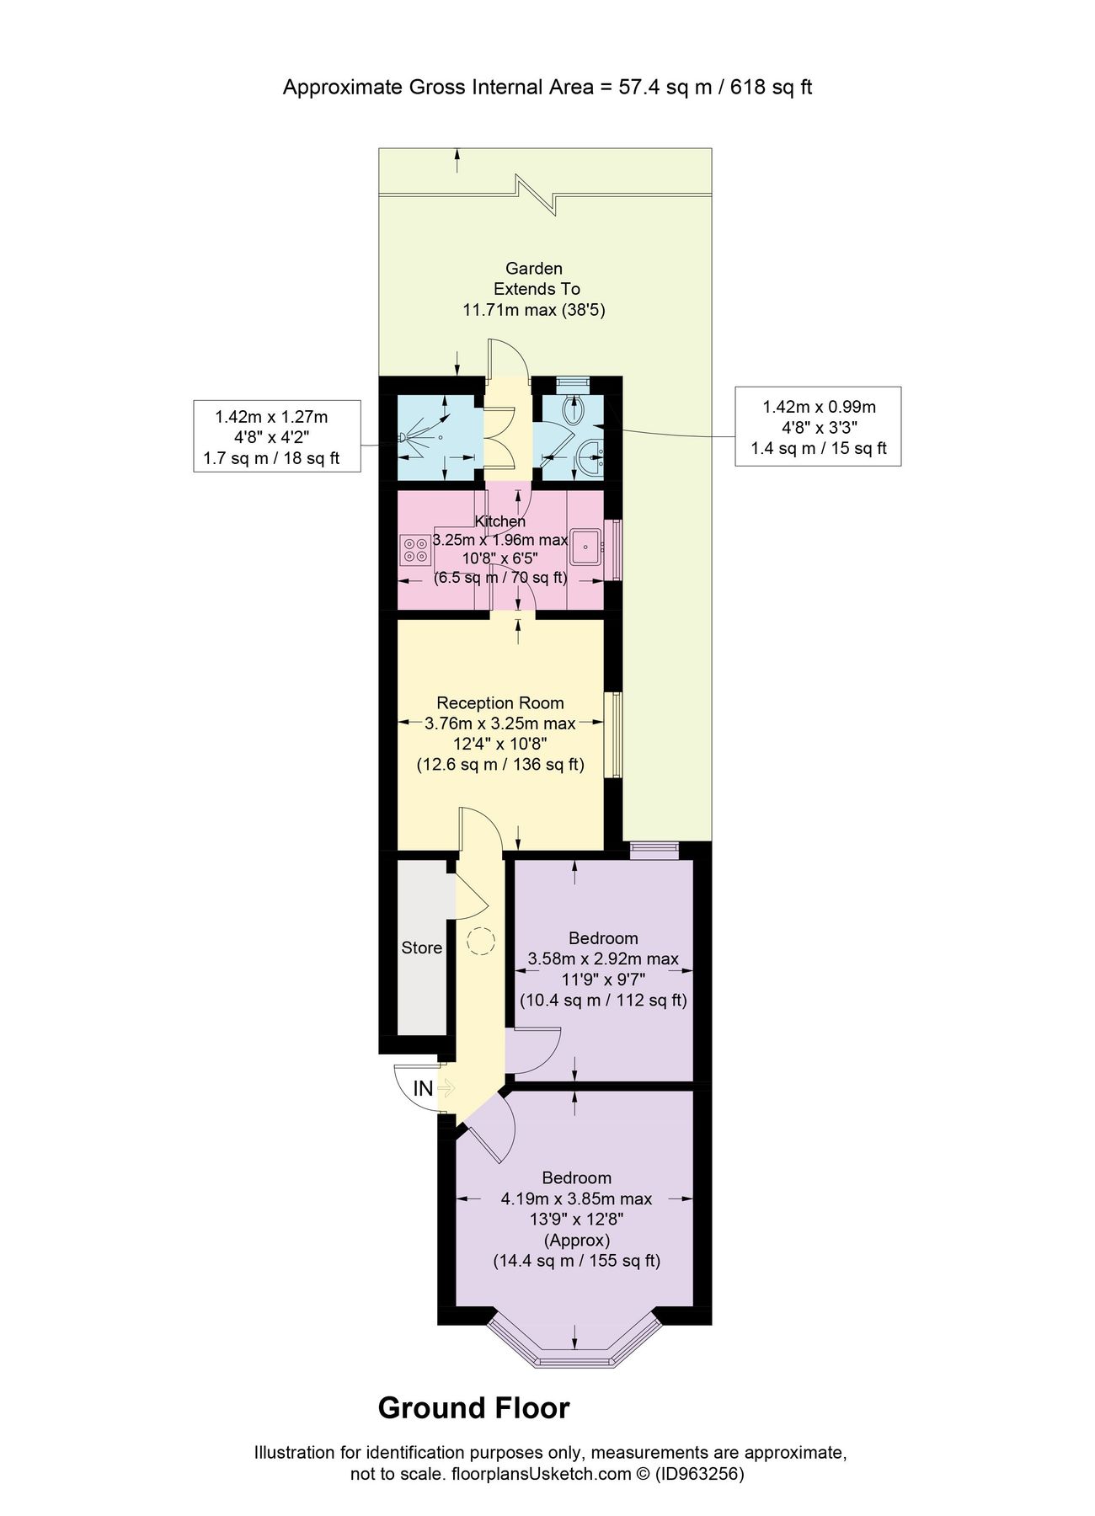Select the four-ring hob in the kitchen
415,549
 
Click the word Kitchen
500,521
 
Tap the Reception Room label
500,703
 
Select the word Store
421,947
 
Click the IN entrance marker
424,1088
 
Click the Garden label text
534,269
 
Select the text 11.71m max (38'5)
534,310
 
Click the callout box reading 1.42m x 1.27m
277,436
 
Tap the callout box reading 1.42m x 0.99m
818,426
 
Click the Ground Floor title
473,1408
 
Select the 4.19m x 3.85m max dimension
576,1198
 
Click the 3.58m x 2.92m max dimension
603,958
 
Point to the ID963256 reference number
699,1475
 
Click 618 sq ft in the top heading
771,88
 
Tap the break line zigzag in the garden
537,195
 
